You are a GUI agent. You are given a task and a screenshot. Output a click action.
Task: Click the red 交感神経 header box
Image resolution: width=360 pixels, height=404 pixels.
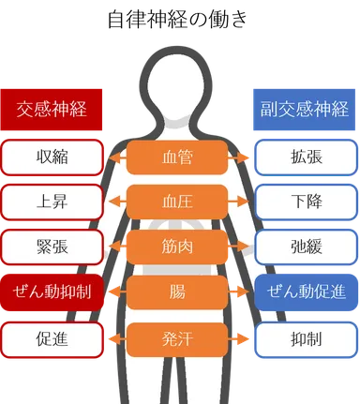pos(52,109)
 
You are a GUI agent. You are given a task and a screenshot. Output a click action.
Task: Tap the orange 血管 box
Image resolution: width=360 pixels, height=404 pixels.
pos(177,157)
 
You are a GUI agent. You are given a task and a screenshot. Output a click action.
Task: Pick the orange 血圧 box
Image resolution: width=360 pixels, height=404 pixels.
pos(177,202)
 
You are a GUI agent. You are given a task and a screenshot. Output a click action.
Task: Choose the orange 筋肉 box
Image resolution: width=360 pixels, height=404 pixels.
pos(177,247)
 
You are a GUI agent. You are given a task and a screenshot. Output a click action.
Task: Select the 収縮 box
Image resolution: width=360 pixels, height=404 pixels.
pos(52,157)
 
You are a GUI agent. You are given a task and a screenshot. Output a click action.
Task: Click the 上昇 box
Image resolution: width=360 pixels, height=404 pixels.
pos(52,202)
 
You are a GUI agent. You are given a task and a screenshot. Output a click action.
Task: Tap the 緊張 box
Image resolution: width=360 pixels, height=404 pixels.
pos(52,247)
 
